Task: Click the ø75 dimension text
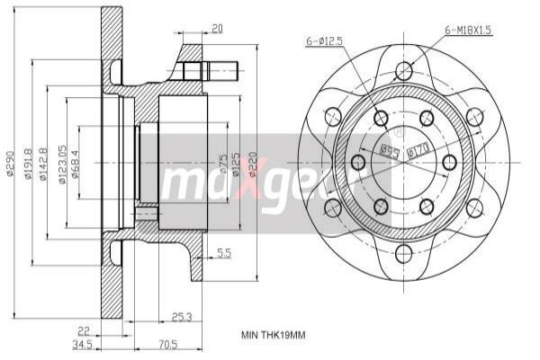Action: click(x=222, y=163)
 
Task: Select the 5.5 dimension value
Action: click(x=224, y=255)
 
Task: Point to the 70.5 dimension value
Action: click(x=167, y=343)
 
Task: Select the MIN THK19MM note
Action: click(x=274, y=336)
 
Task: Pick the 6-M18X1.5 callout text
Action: click(x=469, y=30)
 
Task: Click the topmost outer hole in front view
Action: click(x=403, y=68)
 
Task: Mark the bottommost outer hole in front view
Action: click(x=403, y=255)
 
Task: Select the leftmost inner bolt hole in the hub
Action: click(x=357, y=162)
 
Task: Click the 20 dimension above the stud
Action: click(x=217, y=29)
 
